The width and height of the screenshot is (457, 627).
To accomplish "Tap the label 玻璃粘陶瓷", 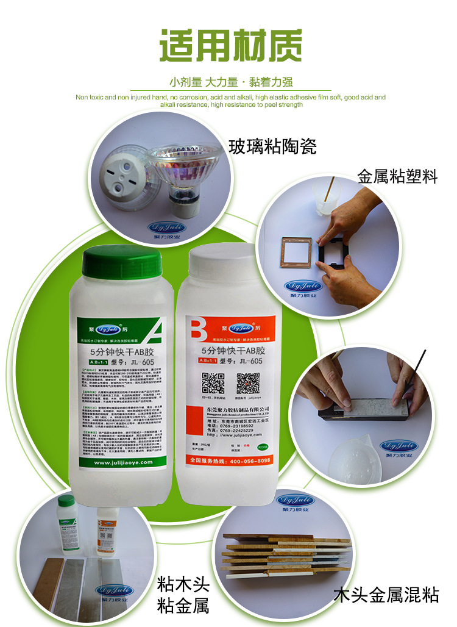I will [x=272, y=146].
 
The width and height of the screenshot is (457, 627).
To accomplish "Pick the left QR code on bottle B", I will [x=213, y=382].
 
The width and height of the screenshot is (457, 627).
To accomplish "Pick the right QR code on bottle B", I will [x=248, y=382].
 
